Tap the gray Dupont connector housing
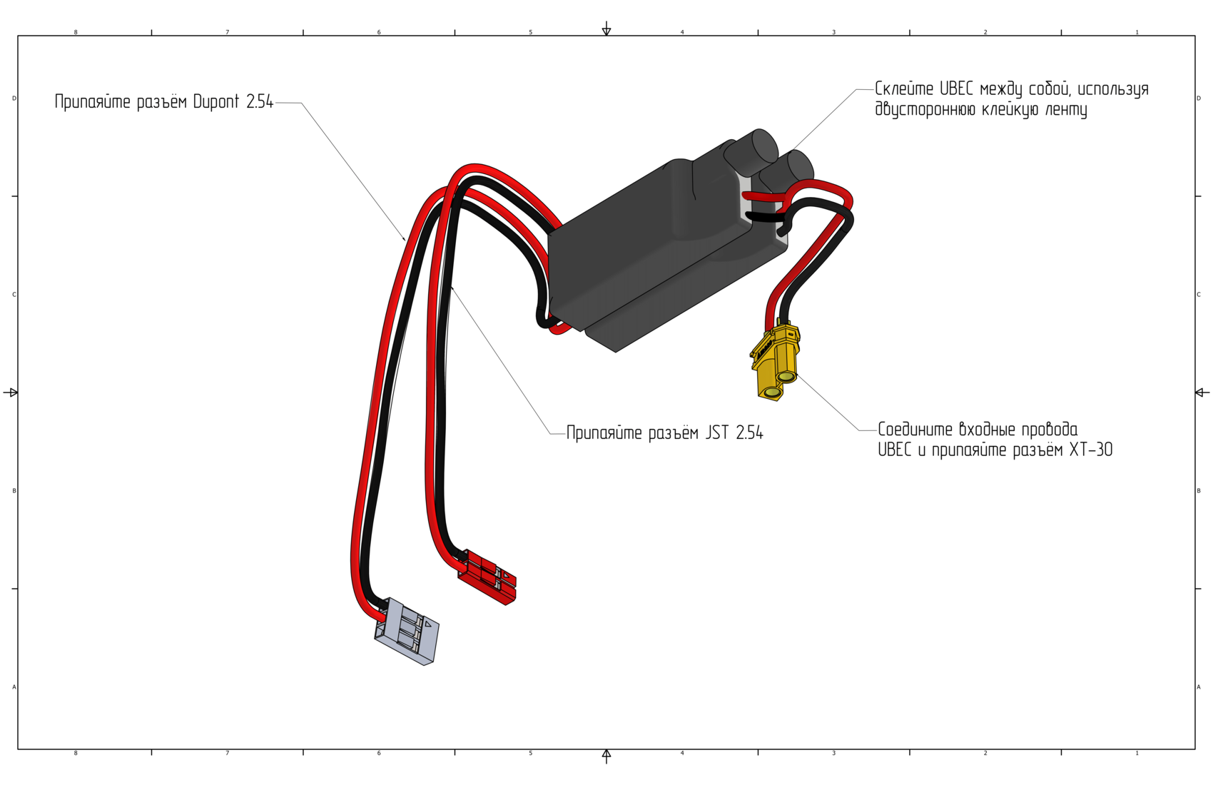point(407,632)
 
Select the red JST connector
point(488,577)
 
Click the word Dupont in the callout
point(216,102)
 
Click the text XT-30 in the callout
point(1091,450)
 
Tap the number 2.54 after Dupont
point(260,102)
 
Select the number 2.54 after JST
point(749,433)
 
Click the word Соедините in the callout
point(915,430)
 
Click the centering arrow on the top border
point(606,29)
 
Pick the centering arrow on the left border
point(11,392)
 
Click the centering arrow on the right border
point(1202,392)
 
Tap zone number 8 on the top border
point(76,32)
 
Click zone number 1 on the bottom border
point(1137,753)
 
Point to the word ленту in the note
point(1066,110)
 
